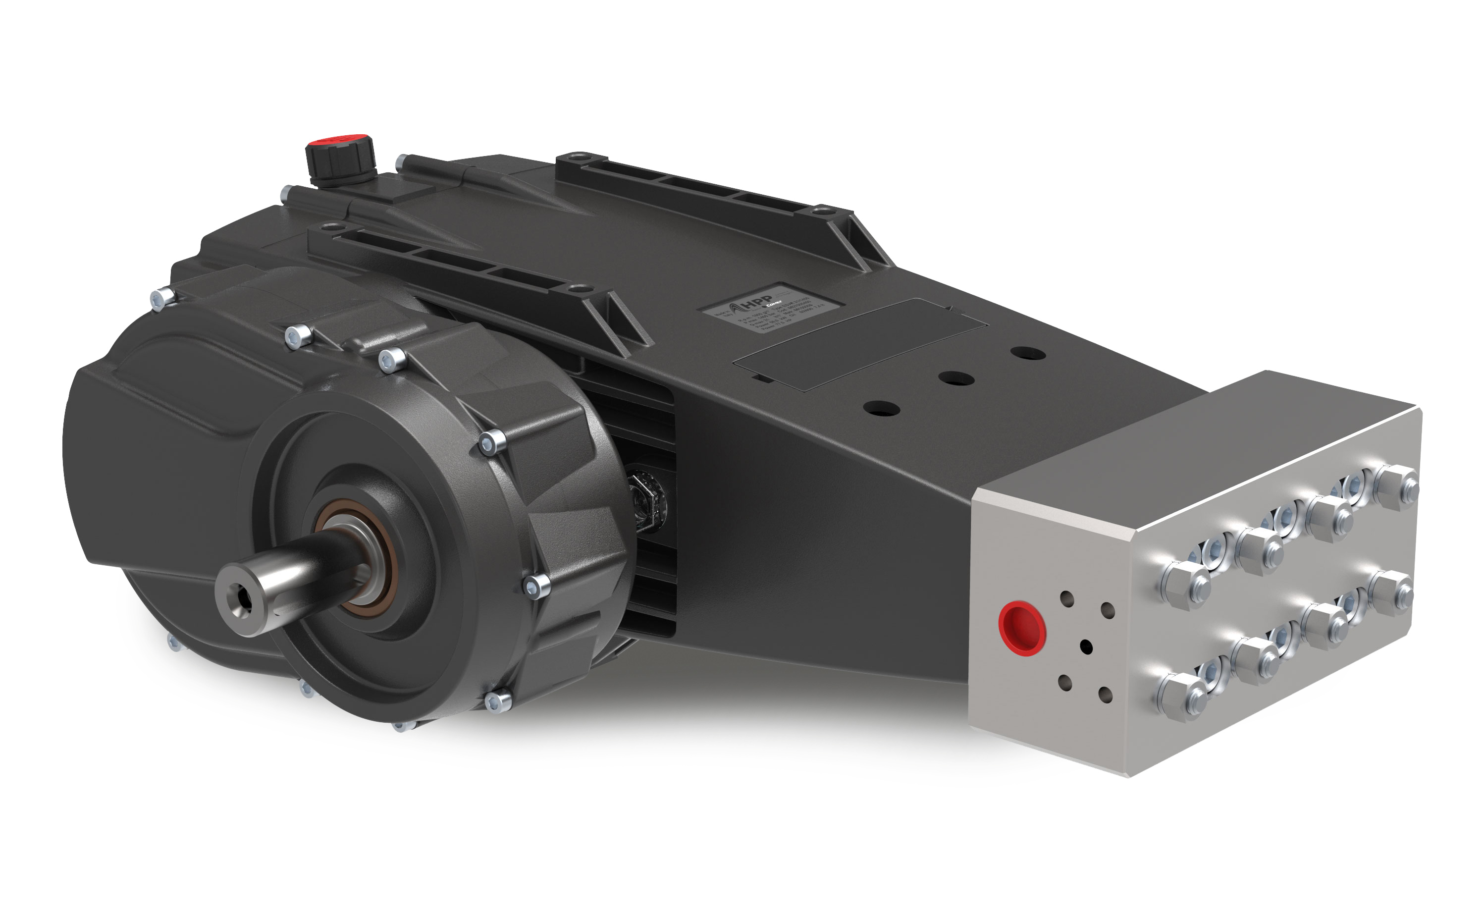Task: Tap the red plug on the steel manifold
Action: click(1021, 627)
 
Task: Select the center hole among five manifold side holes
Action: click(1086, 646)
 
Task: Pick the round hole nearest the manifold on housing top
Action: click(882, 409)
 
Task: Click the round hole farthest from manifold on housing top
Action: click(1028, 353)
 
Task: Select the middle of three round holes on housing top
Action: click(957, 379)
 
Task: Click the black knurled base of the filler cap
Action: click(341, 163)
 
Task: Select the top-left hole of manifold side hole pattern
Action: click(1067, 599)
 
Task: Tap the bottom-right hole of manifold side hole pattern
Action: click(1106, 695)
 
